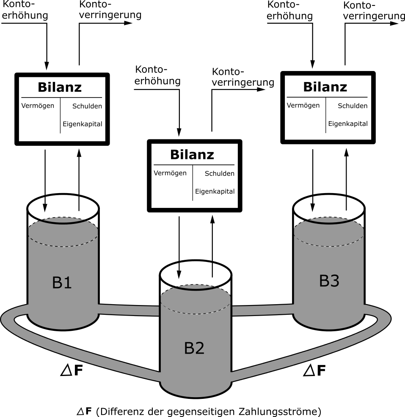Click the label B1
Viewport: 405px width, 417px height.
pyautogui.click(x=62, y=283)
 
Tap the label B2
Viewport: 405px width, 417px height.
pyautogui.click(x=194, y=348)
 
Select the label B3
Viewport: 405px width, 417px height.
pyautogui.click(x=329, y=281)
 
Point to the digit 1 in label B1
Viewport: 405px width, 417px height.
pyautogui.click(x=68, y=283)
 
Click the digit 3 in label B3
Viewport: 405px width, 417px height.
pyautogui.click(x=334, y=281)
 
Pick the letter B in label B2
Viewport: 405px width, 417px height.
pyautogui.click(x=189, y=348)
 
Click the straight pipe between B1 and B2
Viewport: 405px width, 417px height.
pyautogui.click(x=129, y=310)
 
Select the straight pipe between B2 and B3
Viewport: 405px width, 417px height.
pyautogui.click(x=262, y=310)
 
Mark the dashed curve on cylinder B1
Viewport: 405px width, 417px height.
pyautogui.click(x=63, y=244)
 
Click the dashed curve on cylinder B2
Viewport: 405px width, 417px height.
pyautogui.click(x=195, y=313)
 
